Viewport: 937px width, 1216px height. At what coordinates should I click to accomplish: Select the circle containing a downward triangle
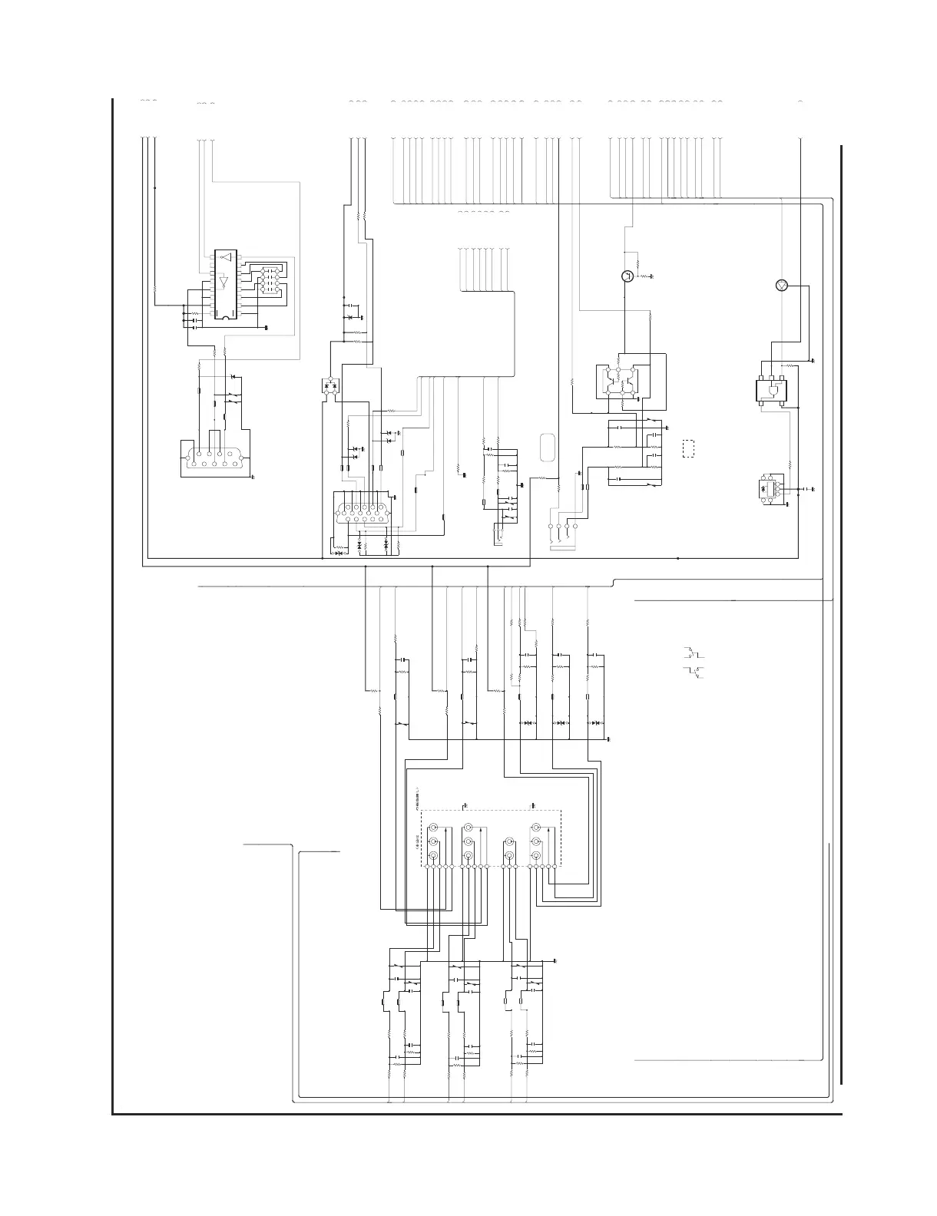(782, 286)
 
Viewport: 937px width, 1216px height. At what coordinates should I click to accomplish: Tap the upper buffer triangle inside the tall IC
(225, 257)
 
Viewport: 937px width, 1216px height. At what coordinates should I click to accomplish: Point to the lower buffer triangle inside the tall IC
(223, 283)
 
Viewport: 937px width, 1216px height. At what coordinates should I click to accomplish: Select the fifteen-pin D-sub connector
(363, 513)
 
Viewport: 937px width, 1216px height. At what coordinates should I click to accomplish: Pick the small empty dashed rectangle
(688, 448)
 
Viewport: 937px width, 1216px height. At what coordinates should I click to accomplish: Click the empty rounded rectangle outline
(547, 448)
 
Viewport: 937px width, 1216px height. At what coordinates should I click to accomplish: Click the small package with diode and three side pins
(766, 489)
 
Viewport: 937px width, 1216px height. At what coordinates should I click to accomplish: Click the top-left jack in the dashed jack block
(433, 828)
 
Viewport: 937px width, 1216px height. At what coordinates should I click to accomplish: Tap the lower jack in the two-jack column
(507, 855)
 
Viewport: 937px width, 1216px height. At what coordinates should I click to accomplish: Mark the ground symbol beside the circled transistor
(651, 276)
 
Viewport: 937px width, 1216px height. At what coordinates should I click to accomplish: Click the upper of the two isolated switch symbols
(694, 653)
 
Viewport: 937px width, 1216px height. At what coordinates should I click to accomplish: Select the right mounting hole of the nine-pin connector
(243, 459)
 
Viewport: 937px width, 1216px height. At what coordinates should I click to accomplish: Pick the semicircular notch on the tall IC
(224, 315)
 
